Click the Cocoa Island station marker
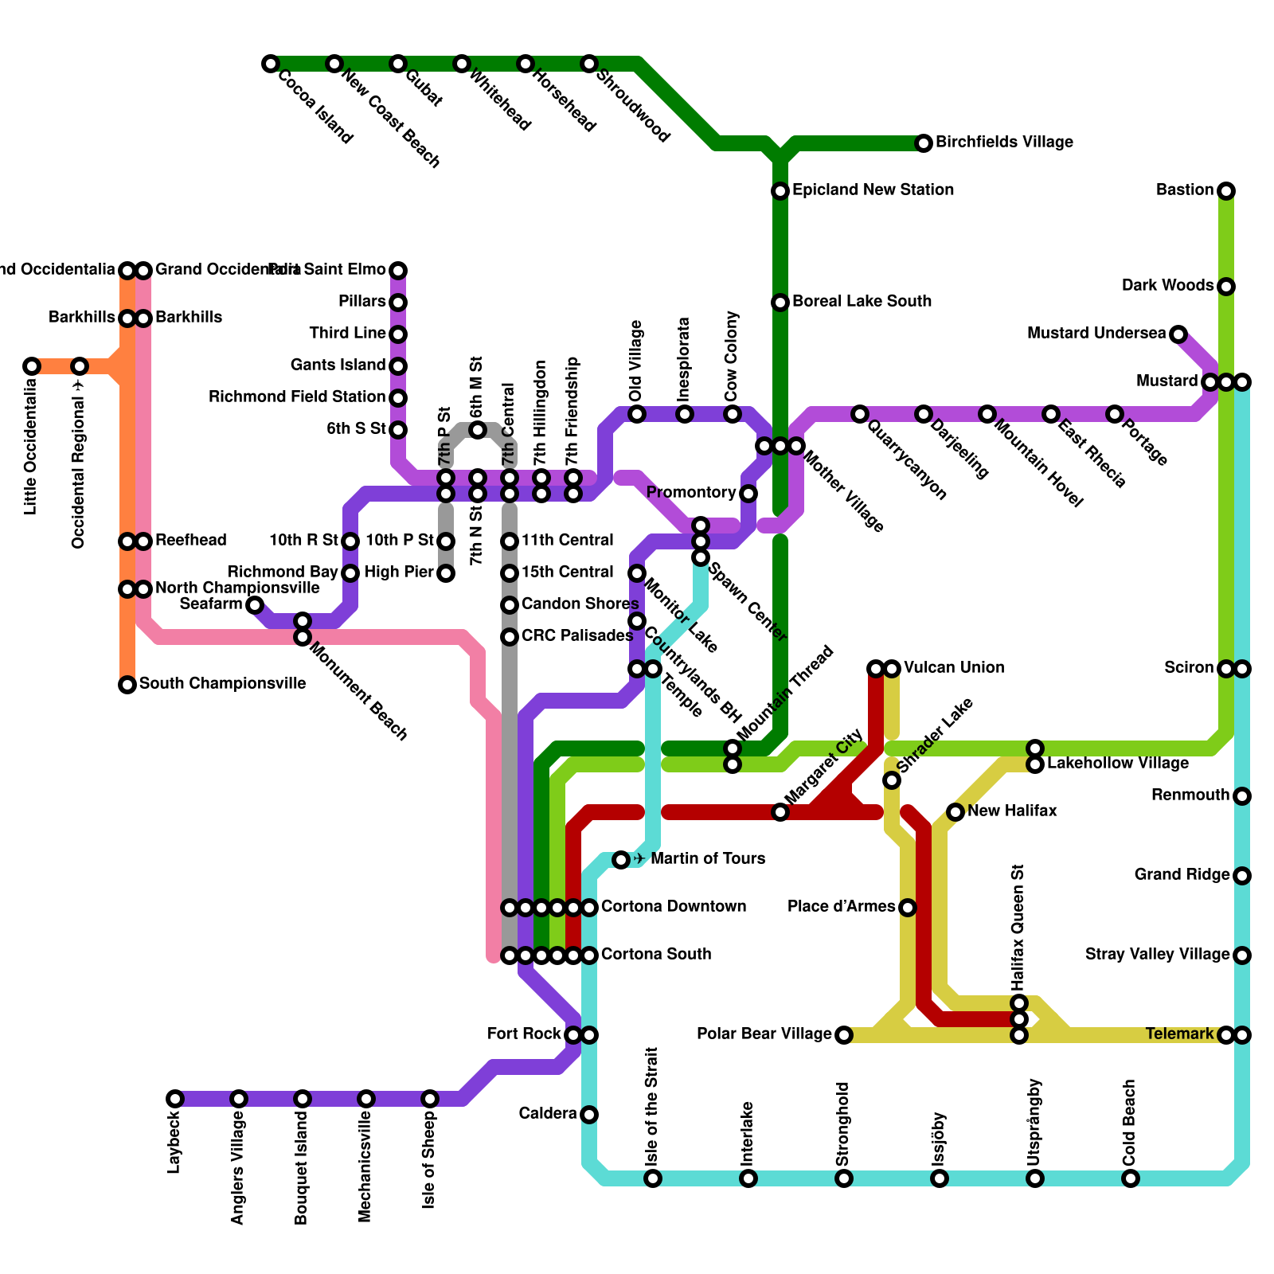(271, 64)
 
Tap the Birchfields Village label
(1004, 143)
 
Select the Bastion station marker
(1226, 191)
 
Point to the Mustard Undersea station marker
(1178, 334)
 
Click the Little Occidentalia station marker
(32, 366)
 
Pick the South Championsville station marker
(127, 685)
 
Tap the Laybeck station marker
(175, 1099)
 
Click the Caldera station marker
(589, 1115)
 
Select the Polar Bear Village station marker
(844, 1035)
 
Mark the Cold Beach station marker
(1131, 1178)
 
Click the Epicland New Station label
(873, 190)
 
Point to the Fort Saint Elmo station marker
(398, 271)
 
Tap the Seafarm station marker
(255, 605)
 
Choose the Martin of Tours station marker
(621, 860)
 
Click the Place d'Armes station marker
(908, 908)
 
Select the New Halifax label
(1012, 811)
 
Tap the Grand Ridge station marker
(1242, 876)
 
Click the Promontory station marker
(748, 494)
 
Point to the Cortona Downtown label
(673, 907)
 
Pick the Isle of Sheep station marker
(430, 1099)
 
